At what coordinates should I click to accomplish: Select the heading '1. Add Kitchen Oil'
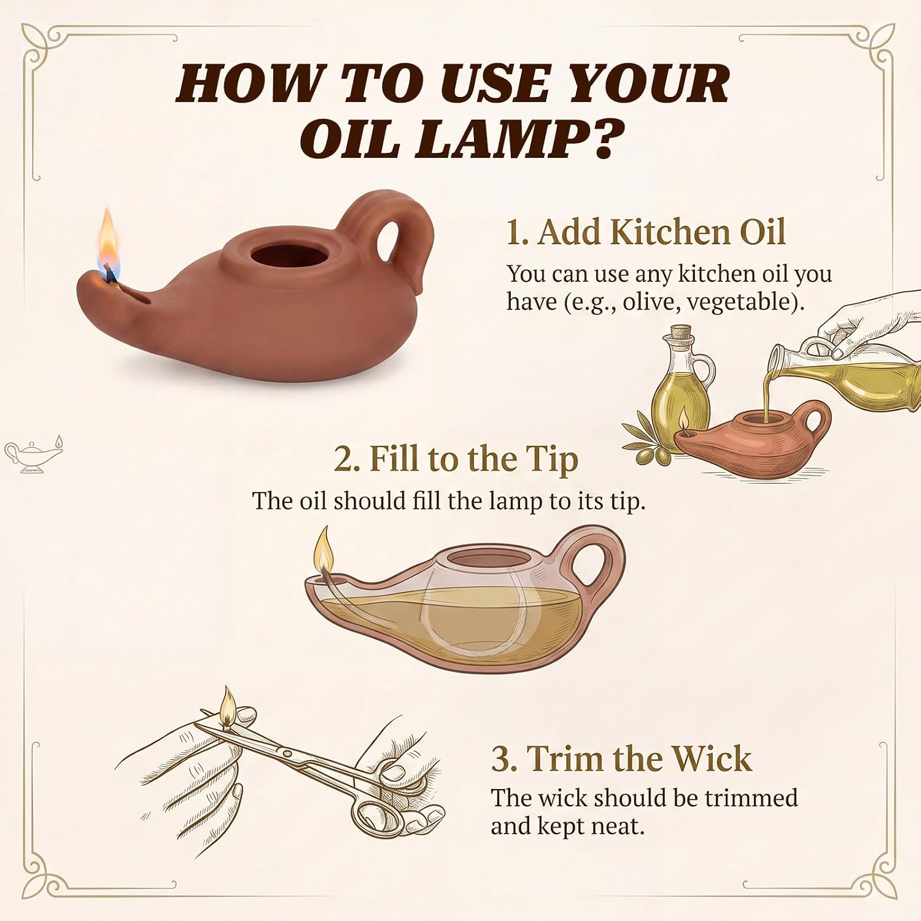(x=646, y=233)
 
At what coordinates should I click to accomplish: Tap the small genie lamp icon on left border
(x=34, y=454)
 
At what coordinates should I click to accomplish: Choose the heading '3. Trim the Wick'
(x=621, y=759)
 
